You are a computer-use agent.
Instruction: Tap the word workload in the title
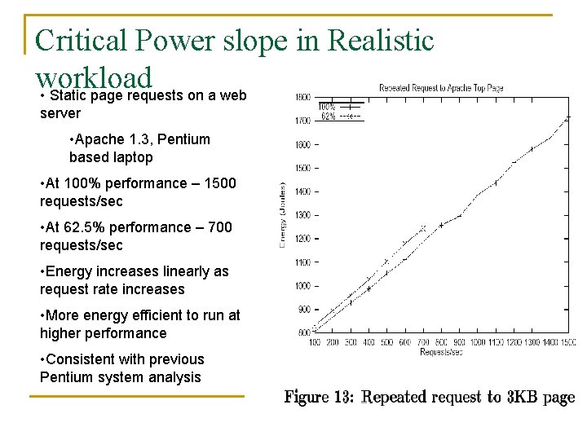pos(94,77)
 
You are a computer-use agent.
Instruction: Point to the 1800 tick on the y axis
pos(302,97)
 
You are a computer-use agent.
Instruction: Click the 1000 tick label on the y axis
pos(302,286)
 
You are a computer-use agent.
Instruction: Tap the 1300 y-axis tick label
pos(302,215)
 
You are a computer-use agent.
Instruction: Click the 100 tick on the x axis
pos(315,342)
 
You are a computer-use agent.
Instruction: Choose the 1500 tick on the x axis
pos(568,342)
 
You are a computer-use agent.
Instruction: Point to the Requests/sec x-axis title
pos(441,352)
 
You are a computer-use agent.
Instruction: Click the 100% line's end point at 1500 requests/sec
pos(568,117)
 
